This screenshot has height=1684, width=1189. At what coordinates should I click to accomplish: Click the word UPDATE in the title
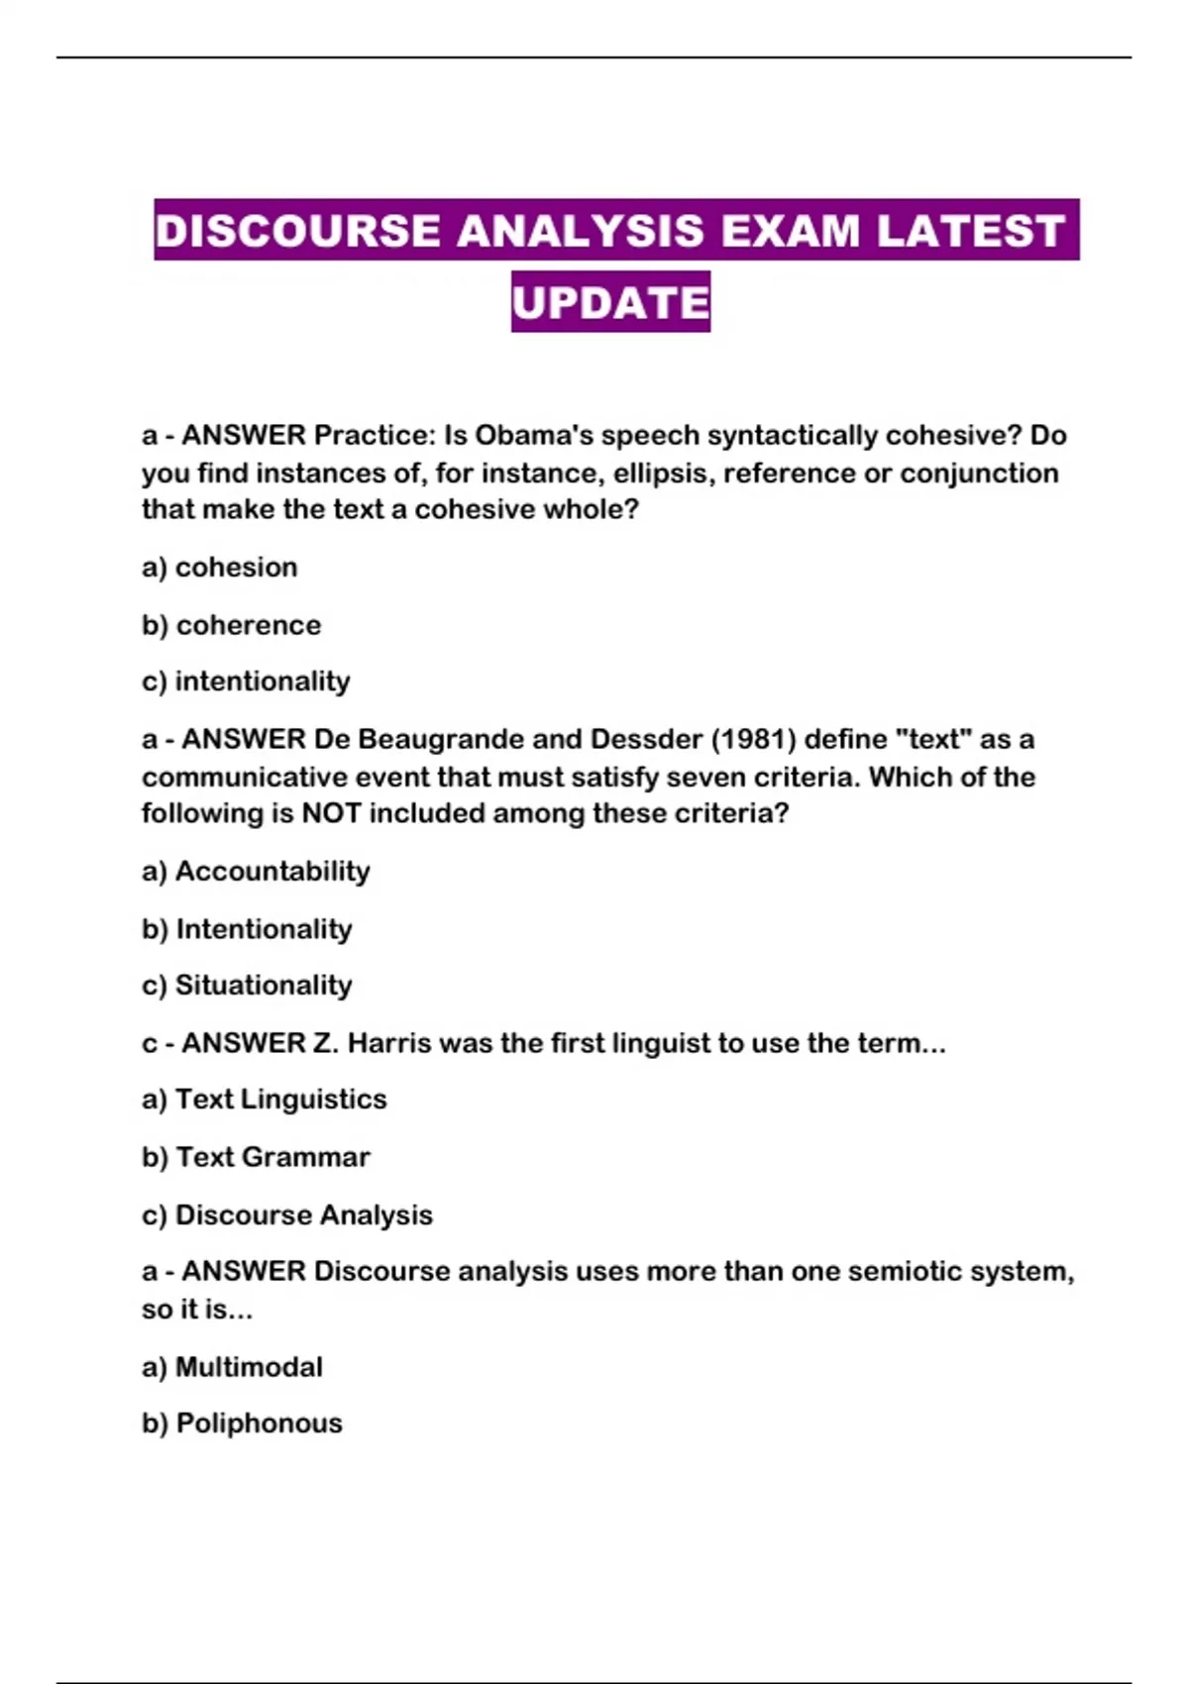pyautogui.click(x=610, y=302)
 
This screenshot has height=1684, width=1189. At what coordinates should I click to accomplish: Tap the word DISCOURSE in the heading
pyautogui.click(x=297, y=231)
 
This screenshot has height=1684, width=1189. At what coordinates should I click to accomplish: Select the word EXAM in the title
pyautogui.click(x=790, y=231)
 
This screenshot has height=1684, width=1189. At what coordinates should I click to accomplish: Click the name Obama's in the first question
pyautogui.click(x=534, y=436)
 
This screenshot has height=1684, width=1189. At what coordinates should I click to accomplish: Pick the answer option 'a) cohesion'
pyautogui.click(x=220, y=568)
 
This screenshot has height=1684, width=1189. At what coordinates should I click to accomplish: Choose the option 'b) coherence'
pyautogui.click(x=232, y=626)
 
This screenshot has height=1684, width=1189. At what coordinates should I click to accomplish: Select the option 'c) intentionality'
pyautogui.click(x=246, y=682)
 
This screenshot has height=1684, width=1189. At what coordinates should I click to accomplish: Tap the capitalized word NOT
pyautogui.click(x=331, y=813)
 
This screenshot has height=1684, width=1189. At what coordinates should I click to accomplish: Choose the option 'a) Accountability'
pyautogui.click(x=256, y=872)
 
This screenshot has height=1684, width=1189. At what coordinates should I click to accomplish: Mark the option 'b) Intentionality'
pyautogui.click(x=247, y=929)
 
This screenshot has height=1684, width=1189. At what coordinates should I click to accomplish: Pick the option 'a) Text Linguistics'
pyautogui.click(x=264, y=1100)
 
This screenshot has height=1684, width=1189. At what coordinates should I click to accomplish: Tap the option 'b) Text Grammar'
pyautogui.click(x=256, y=1157)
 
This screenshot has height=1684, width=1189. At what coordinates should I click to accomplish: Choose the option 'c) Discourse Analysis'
pyautogui.click(x=287, y=1215)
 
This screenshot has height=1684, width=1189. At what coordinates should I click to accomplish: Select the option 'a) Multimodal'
pyautogui.click(x=232, y=1367)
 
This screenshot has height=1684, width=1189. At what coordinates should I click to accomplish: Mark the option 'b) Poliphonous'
pyautogui.click(x=242, y=1423)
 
